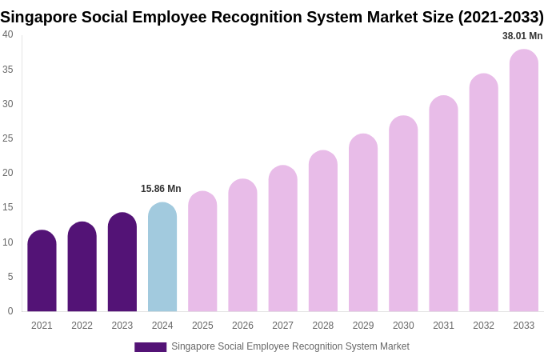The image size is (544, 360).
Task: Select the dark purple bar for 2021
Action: coord(42,271)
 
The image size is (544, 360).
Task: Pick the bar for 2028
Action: coord(323,231)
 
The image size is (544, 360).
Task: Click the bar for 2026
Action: coord(242,246)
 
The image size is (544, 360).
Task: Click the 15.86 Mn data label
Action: coord(161,189)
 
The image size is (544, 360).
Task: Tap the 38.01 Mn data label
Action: coord(522,36)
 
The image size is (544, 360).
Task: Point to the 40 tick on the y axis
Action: coord(8,34)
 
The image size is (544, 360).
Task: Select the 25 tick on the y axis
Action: coord(8,138)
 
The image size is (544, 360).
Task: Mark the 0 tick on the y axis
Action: coord(10,311)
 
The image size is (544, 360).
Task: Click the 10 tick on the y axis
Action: coord(8,242)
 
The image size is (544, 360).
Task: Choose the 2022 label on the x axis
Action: coord(82,326)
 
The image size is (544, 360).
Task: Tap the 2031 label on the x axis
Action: coord(443,326)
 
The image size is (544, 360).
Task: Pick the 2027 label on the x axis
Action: coord(282,326)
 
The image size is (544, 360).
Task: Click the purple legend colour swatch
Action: coord(150,347)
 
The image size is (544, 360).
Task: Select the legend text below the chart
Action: coord(290,346)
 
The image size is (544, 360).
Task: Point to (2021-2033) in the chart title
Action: coord(500,17)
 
